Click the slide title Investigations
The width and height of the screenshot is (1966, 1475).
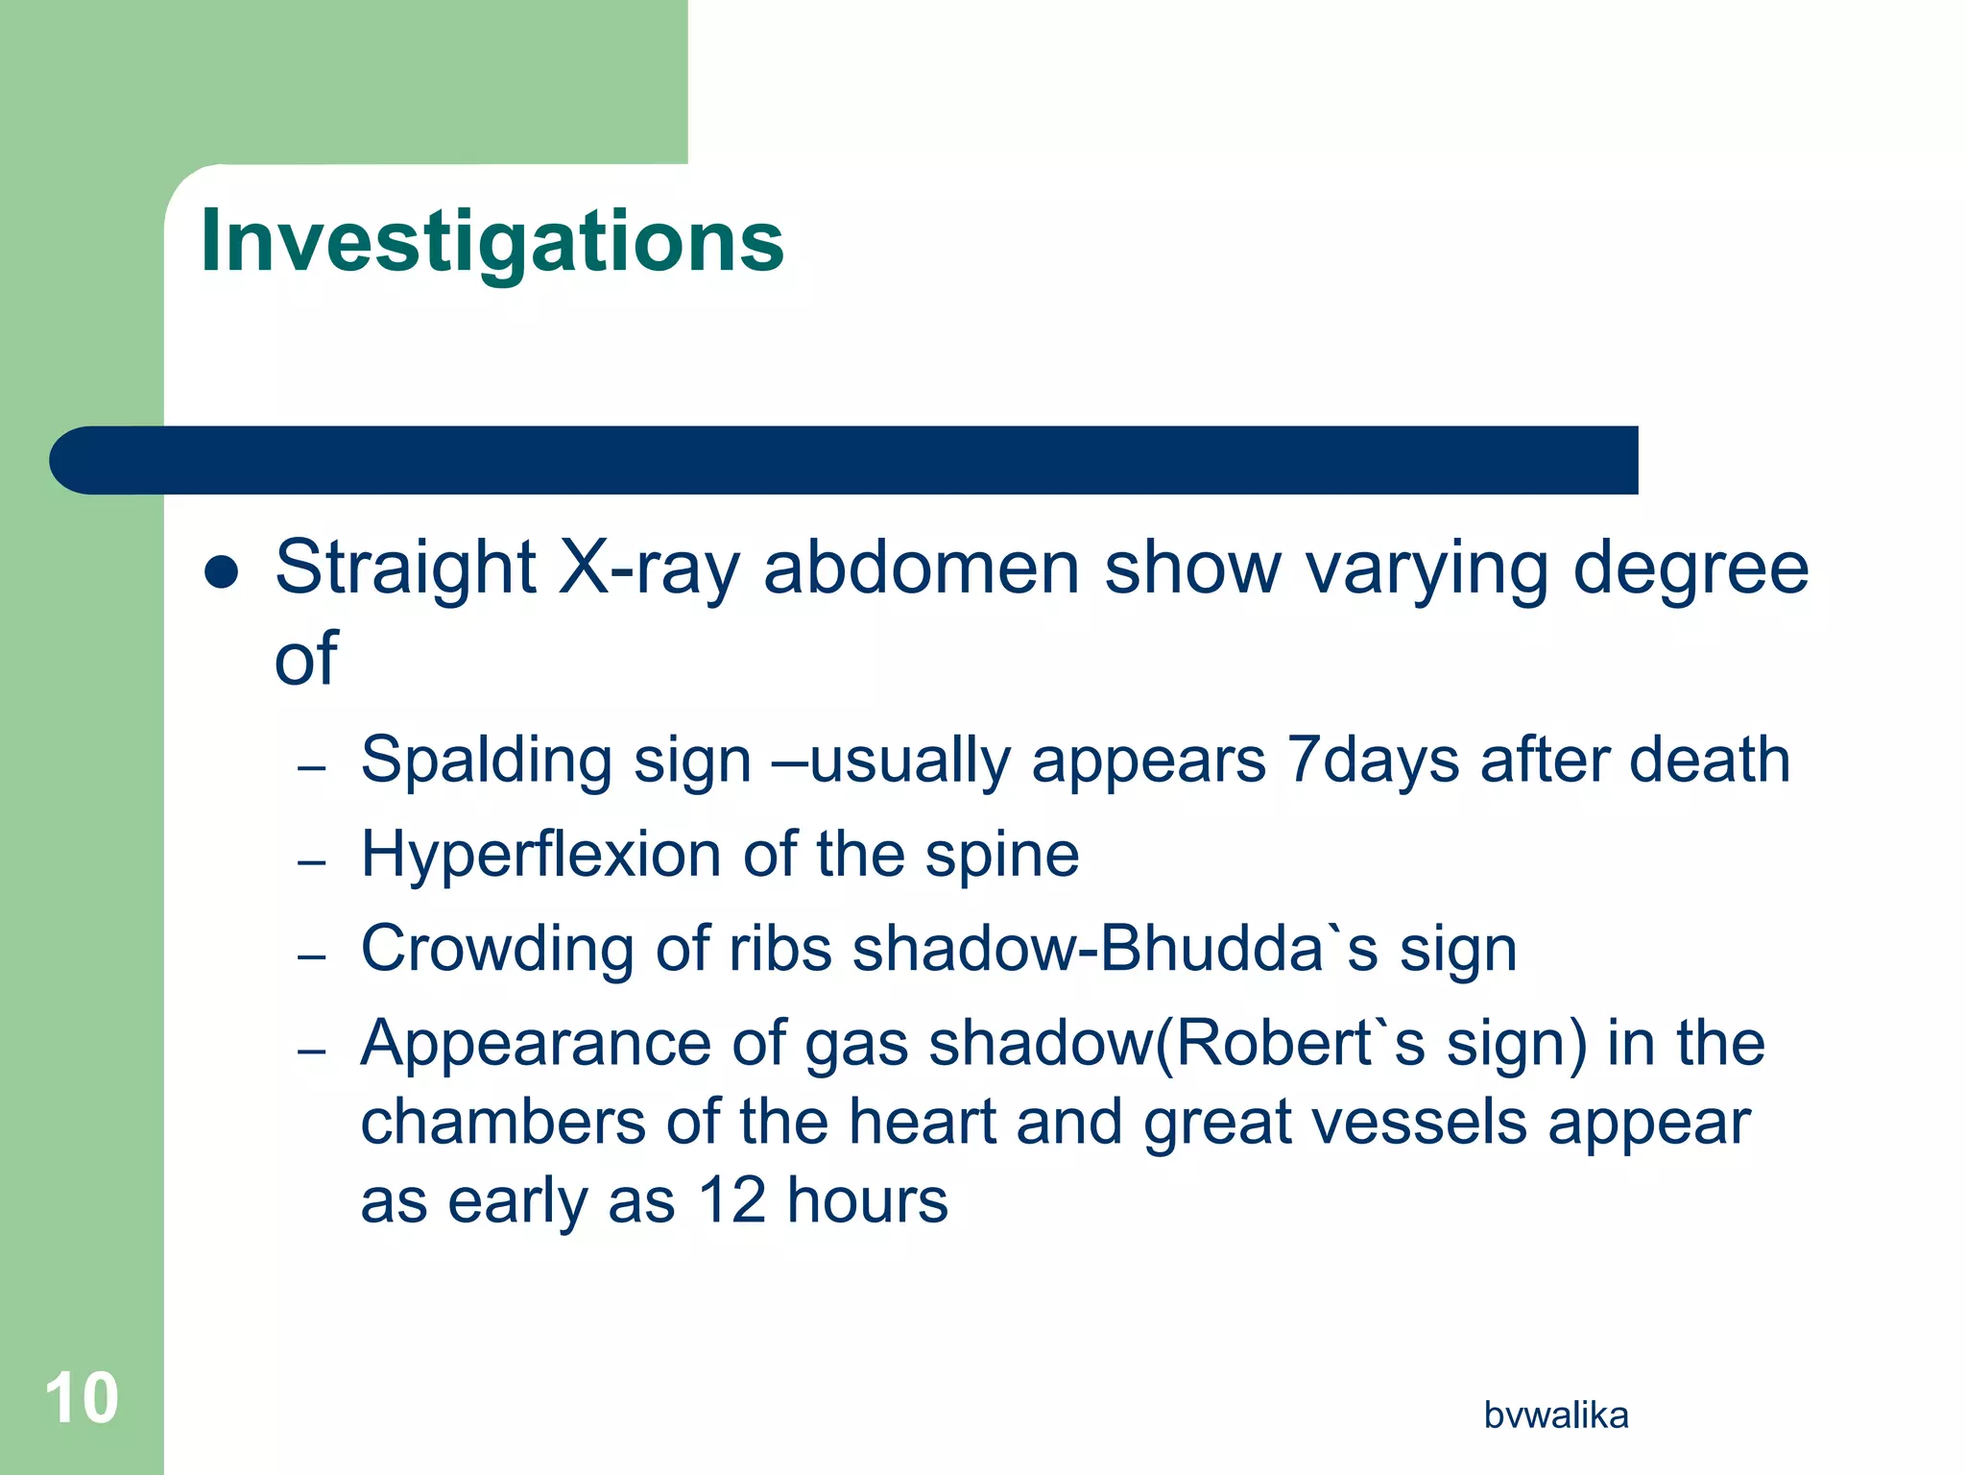click(491, 241)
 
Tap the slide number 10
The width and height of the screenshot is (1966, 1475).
click(82, 1398)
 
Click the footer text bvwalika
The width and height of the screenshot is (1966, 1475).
click(1555, 1415)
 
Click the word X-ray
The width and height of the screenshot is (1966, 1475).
click(649, 568)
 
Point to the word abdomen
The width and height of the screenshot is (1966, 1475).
click(922, 568)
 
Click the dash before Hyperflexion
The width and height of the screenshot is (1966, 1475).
click(312, 861)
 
